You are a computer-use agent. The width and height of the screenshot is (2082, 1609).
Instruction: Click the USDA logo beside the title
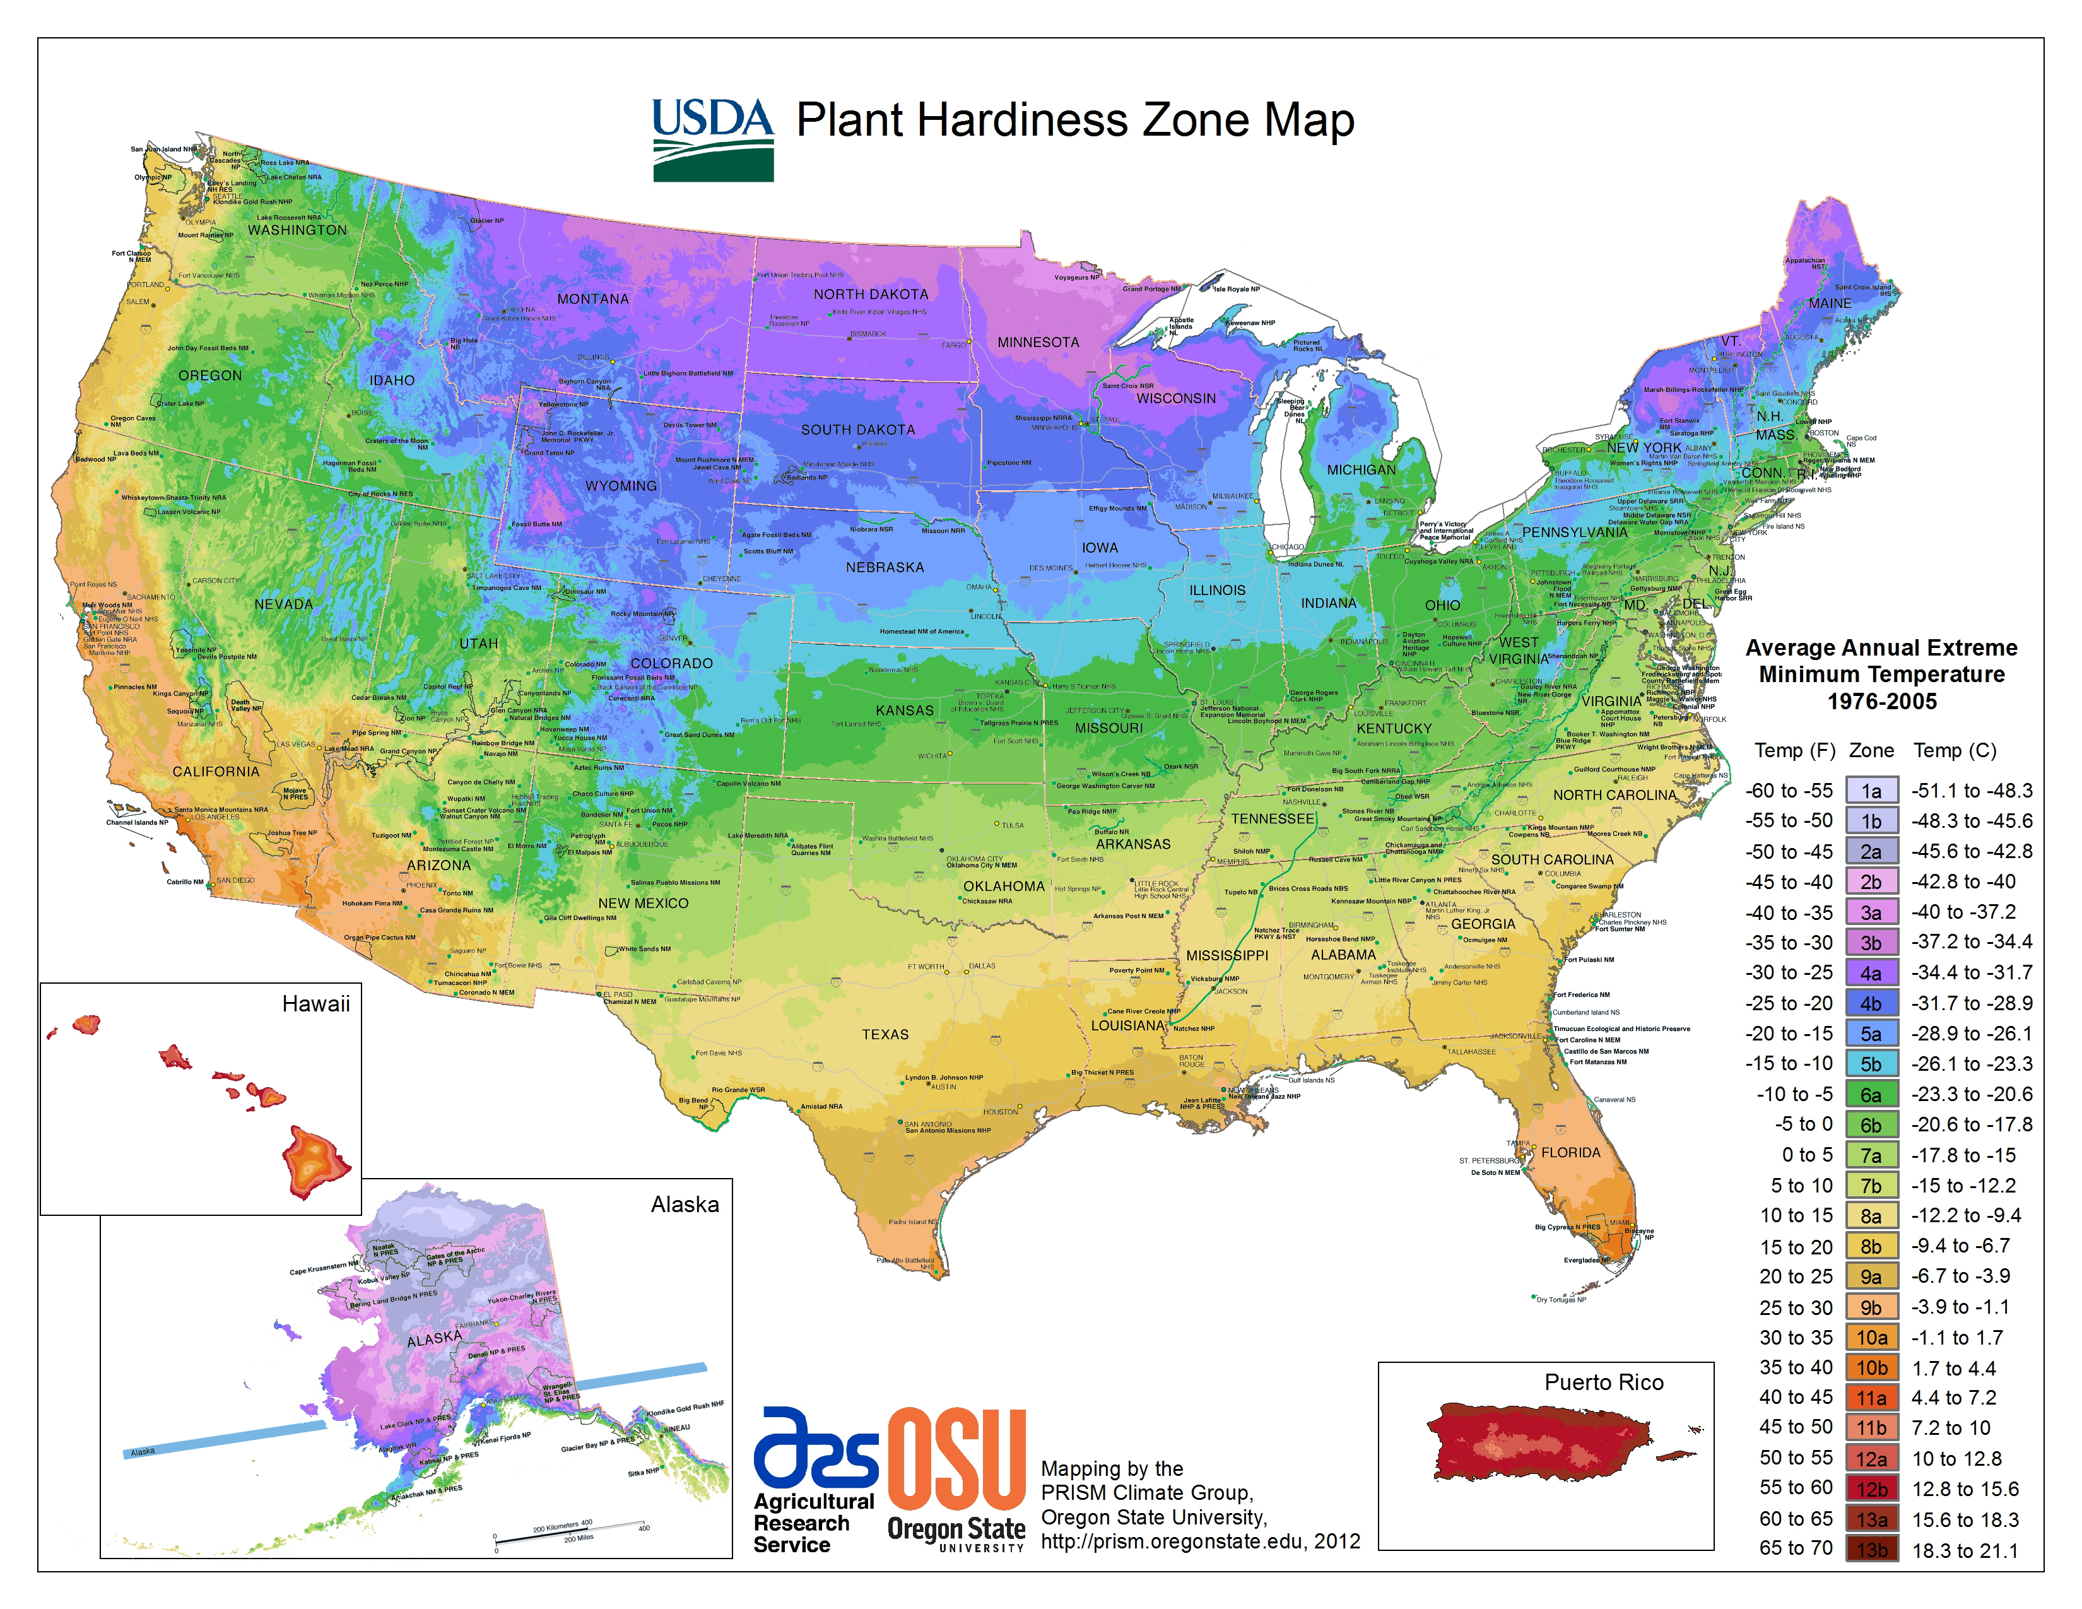pos(712,139)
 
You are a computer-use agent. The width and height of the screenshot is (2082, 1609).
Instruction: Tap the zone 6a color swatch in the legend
pos(1871,1094)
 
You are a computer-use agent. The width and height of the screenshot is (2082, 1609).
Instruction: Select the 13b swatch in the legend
pos(1871,1550)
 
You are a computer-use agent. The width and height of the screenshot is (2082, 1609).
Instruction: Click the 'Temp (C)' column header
pos(1955,750)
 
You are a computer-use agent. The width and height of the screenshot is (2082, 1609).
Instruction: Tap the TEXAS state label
pos(885,1034)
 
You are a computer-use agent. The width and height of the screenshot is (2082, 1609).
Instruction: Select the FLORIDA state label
pos(1570,1152)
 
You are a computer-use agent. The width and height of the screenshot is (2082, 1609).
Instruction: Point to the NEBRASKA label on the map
pos(884,567)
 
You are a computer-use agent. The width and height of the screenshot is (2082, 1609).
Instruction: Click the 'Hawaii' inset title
pos(315,1004)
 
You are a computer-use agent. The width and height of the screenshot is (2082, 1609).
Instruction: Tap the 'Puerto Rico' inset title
pos(1603,1382)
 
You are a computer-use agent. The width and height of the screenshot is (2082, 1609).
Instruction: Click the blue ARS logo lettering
pos(815,1448)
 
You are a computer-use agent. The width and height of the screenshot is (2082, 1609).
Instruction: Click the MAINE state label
pos(1830,303)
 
